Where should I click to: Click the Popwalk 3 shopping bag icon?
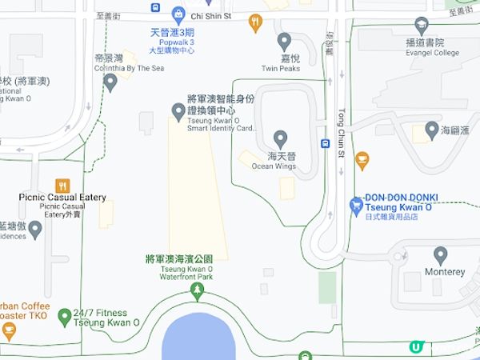coord(178,14)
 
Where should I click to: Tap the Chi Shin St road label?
coord(211,15)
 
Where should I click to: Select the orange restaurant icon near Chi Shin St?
coord(256,22)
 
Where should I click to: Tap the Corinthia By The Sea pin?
coord(111,81)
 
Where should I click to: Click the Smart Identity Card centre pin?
coord(178,110)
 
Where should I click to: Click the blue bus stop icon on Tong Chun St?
coord(326,144)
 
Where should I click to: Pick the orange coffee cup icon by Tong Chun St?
coord(362,161)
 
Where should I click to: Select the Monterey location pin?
coord(440,255)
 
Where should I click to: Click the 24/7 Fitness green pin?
coord(64,316)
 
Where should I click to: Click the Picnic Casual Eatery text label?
coord(62,198)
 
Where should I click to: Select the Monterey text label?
coord(445,272)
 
